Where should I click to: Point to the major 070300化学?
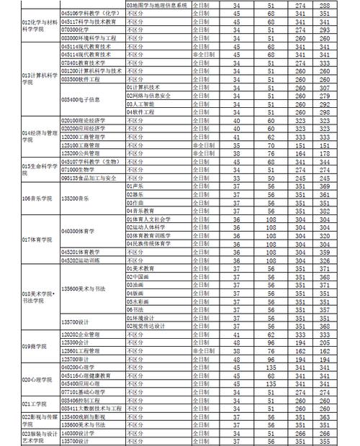[x=78, y=29]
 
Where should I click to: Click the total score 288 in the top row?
[x=323, y=4]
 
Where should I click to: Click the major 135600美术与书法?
[x=84, y=289]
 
